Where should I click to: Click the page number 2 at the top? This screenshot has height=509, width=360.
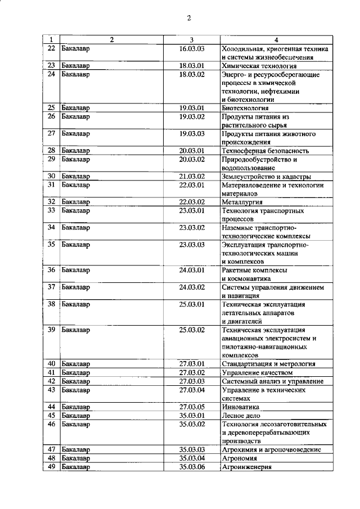(189, 18)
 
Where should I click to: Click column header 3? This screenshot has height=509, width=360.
(192, 40)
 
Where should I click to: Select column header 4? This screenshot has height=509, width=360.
(276, 40)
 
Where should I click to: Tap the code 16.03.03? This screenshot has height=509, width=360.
(192, 49)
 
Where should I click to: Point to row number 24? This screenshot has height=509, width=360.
(51, 74)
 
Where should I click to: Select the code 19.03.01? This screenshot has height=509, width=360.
(192, 107)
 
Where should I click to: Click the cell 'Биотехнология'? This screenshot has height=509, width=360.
(245, 107)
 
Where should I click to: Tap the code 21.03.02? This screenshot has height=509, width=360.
(192, 176)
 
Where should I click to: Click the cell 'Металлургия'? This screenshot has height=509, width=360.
(243, 202)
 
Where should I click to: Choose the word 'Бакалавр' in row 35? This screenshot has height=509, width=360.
(75, 245)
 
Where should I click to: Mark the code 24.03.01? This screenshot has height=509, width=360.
(192, 270)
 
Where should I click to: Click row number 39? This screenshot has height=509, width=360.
(51, 330)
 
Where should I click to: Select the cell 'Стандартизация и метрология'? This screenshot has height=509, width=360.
(269, 364)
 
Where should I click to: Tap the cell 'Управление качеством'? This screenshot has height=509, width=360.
(258, 372)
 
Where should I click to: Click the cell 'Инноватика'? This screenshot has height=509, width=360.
(241, 407)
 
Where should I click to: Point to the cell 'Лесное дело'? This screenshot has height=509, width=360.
(242, 415)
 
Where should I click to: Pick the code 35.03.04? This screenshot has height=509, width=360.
(192, 458)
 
